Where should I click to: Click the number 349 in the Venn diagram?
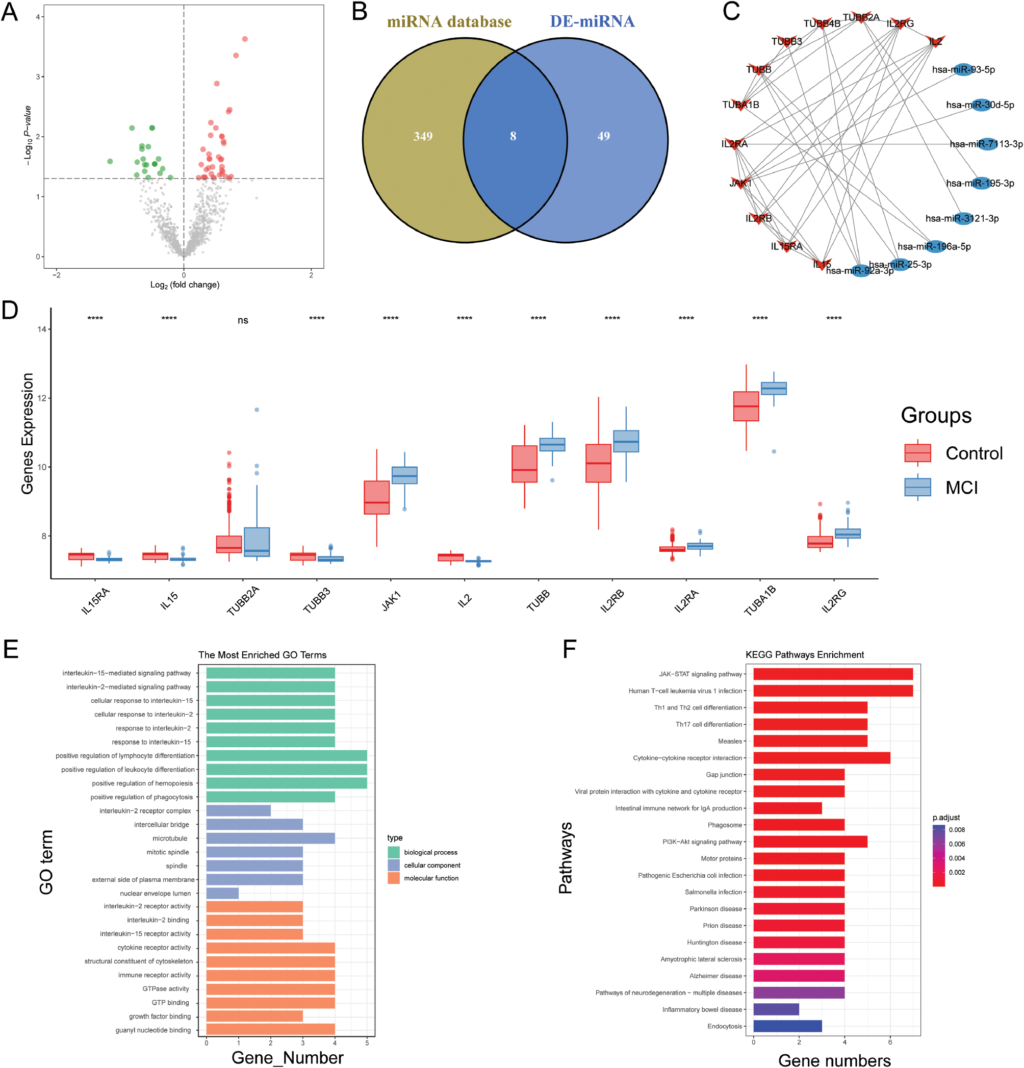point(423,136)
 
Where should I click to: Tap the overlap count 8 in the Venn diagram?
point(513,136)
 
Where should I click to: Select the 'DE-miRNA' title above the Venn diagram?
point(592,22)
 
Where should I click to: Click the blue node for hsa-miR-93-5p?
point(963,70)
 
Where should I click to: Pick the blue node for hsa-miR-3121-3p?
point(963,218)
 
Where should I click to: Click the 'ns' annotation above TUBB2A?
point(243,320)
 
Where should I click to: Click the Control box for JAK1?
point(376,497)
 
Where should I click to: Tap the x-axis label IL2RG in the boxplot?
point(834,600)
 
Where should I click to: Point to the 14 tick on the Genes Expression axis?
point(41,329)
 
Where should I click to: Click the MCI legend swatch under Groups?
point(917,487)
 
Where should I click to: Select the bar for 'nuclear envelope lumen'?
point(222,893)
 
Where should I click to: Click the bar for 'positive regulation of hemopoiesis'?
point(286,783)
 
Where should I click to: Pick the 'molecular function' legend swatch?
point(394,878)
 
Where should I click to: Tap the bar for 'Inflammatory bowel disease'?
point(776,1009)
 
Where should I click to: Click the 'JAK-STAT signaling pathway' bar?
point(832,674)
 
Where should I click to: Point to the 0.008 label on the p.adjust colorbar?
point(957,830)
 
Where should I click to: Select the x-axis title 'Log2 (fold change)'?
point(185,285)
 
